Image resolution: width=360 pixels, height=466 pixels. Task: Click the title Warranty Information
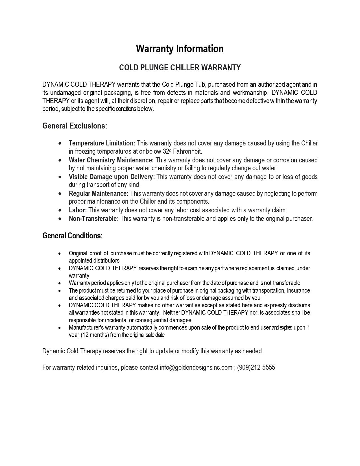pos(180,49)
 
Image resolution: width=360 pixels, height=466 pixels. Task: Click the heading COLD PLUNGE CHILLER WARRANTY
pos(180,68)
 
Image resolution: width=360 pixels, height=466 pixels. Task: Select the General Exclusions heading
pos(75,126)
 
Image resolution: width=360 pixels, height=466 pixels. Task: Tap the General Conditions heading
pos(72,236)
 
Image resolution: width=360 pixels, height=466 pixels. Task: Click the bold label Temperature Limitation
pos(102,143)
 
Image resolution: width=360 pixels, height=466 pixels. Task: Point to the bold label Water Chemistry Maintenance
pos(111,160)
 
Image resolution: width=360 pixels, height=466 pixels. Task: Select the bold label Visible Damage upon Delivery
pos(112,177)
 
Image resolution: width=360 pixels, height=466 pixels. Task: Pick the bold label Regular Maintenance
pos(99,193)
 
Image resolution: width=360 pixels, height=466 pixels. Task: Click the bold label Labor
pos(78,210)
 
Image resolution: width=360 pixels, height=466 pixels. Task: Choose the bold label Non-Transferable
pos(94,219)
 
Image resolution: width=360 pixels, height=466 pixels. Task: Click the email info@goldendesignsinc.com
pos(196,367)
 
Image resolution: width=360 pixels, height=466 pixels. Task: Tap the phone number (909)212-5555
pos(256,367)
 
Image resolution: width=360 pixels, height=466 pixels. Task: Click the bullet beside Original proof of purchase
pos(59,254)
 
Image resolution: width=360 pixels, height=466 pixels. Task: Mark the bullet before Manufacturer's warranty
pos(59,328)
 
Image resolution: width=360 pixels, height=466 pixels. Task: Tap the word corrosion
pos(285,160)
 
